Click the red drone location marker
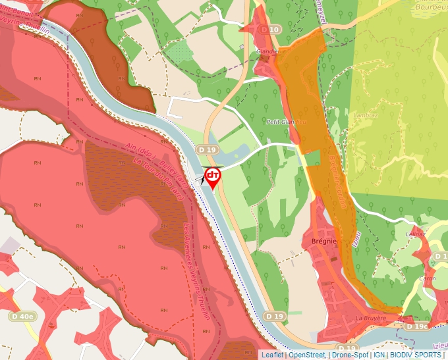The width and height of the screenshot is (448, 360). (212, 176)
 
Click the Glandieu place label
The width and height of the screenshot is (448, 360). (269, 51)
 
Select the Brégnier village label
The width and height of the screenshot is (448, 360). (323, 241)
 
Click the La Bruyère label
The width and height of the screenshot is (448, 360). (369, 319)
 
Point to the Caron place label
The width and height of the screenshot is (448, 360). (428, 279)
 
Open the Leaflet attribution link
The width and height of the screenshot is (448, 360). (272, 355)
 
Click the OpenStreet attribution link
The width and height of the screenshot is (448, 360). (307, 355)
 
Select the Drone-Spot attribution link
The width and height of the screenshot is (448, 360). (350, 355)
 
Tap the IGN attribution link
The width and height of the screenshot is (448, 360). (379, 355)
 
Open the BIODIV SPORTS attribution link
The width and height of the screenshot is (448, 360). (416, 355)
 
